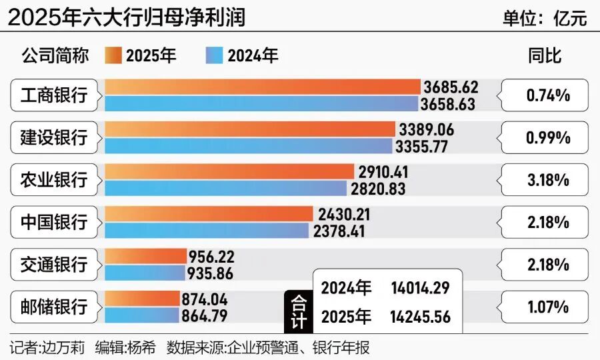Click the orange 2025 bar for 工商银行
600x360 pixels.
pos(263,87)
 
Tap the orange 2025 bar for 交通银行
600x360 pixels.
pos(146,256)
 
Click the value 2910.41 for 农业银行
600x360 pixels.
pos(383,172)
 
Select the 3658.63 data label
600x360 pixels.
pos(448,104)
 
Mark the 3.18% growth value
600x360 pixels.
pos(547,180)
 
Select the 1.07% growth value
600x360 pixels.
pos(547,307)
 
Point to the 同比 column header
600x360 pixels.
pos(545,55)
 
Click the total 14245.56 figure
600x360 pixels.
pos(420,317)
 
